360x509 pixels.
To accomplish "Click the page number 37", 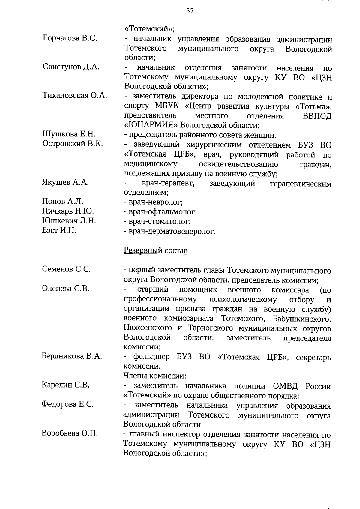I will click(190, 11).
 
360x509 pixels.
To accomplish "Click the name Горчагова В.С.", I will click(70, 38).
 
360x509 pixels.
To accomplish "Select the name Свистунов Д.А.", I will click(71, 67).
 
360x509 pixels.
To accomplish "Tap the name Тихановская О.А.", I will click(74, 96).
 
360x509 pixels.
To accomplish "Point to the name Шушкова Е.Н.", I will click(69, 134).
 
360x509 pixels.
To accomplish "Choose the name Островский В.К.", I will click(73, 144).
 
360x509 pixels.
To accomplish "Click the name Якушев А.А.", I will click(65, 182).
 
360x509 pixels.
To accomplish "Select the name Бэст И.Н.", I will click(59, 230).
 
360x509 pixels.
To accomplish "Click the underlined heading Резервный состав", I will click(156, 250).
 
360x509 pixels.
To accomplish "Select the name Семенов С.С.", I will click(66, 269).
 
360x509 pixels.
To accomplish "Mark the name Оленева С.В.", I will click(66, 289).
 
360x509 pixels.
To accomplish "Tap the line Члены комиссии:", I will click(155, 376).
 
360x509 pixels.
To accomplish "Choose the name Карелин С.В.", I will click(66, 385).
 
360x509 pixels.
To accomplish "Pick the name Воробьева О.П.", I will click(70, 433).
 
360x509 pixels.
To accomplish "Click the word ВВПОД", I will click(317, 116).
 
